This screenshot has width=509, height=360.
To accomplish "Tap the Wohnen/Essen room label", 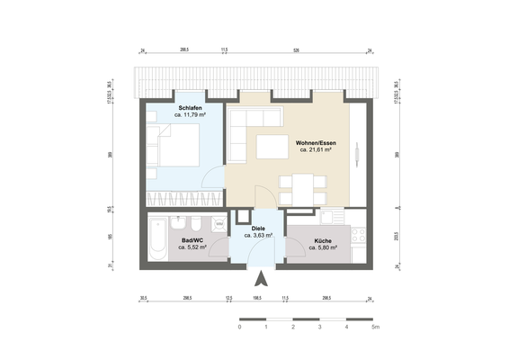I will (x=316, y=142).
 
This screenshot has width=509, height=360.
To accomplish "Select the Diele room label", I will (x=258, y=228).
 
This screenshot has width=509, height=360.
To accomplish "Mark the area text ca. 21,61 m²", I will (x=316, y=150).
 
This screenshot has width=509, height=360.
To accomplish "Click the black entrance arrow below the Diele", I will (x=259, y=277).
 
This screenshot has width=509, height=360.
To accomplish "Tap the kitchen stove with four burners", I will (x=357, y=236).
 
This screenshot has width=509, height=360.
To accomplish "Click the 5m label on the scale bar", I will (x=375, y=328).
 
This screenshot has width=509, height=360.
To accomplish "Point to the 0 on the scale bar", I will (x=240, y=328).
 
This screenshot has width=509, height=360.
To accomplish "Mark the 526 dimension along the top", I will (x=295, y=51).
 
